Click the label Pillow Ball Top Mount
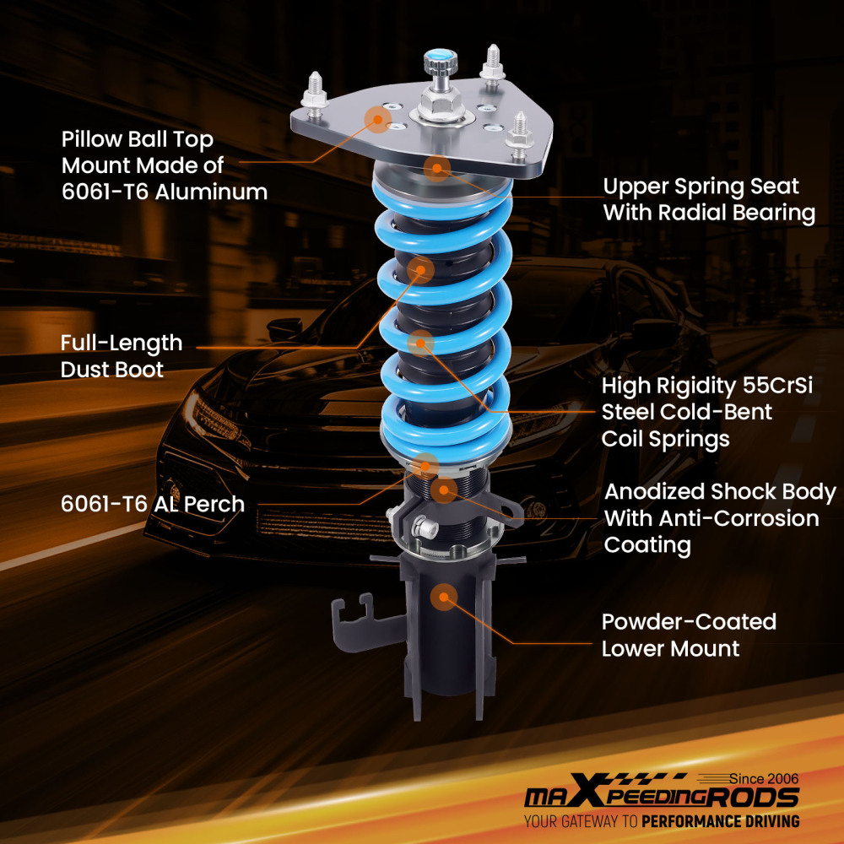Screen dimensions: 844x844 (164, 165)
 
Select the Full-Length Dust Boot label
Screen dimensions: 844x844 (121, 355)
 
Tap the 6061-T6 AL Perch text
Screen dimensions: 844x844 (152, 504)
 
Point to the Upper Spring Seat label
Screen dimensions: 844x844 (708, 199)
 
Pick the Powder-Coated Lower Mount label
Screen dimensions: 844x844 (688, 635)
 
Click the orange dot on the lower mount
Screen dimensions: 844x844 (442, 598)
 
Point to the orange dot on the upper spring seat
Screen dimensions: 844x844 (436, 168)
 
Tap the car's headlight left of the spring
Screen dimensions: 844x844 (211, 414)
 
